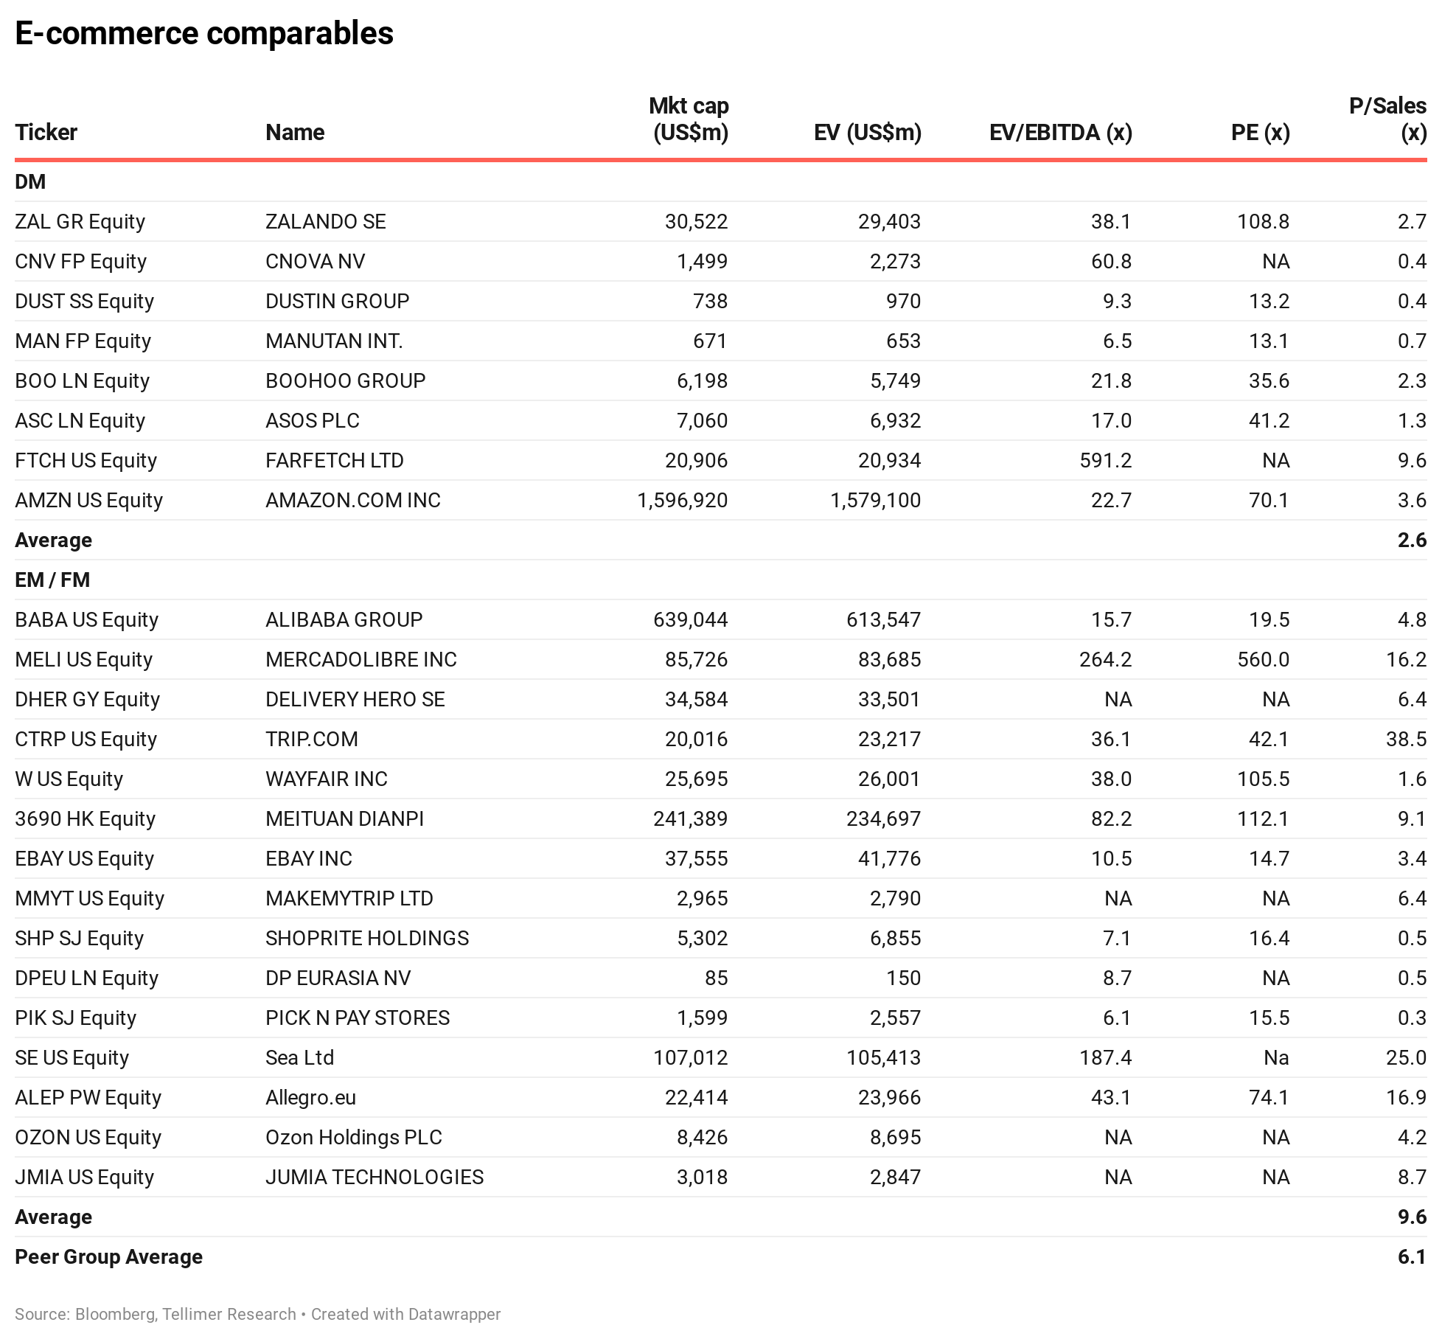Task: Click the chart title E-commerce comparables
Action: click(x=204, y=33)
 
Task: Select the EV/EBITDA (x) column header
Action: click(x=1061, y=133)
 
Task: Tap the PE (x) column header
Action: click(x=1261, y=133)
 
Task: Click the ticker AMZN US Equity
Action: click(x=88, y=501)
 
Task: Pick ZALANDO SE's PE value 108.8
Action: click(x=1263, y=222)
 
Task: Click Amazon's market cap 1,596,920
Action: click(x=683, y=501)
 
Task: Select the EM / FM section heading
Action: click(x=52, y=580)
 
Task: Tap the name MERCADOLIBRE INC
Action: click(x=361, y=660)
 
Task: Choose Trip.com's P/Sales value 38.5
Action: click(x=1406, y=740)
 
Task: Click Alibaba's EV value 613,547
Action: click(x=883, y=620)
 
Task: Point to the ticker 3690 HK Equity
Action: click(x=85, y=819)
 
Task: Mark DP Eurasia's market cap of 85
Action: click(x=716, y=978)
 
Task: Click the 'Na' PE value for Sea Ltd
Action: click(x=1276, y=1058)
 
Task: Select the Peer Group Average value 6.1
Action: click(x=1412, y=1257)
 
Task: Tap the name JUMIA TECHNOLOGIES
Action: click(x=375, y=1178)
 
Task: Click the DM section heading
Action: click(x=30, y=182)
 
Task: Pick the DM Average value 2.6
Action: click(x=1412, y=540)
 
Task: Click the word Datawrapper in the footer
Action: click(x=454, y=1315)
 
